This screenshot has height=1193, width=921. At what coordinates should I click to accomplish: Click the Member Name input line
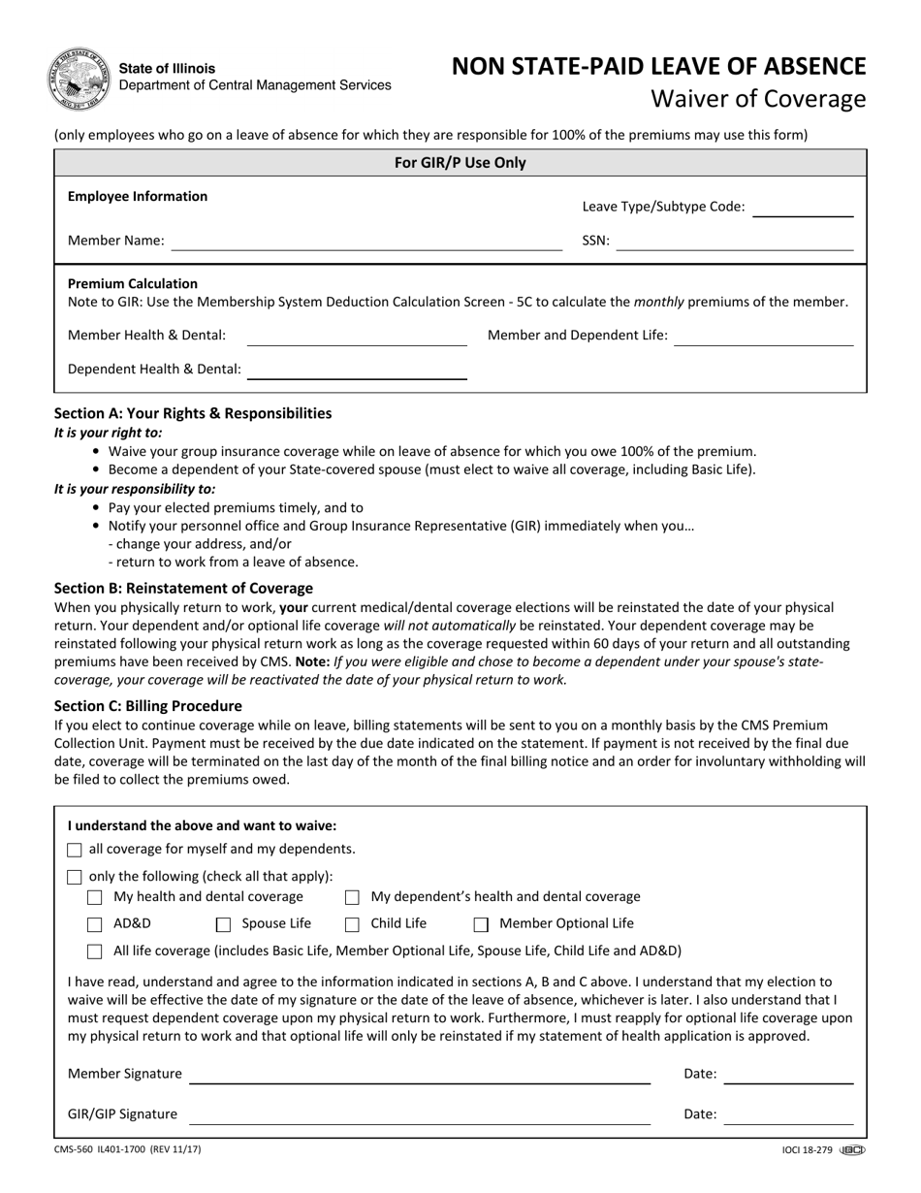(x=366, y=242)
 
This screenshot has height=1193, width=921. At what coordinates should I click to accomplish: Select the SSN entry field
(x=734, y=242)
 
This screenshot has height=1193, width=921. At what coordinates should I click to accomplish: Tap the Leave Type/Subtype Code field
(x=802, y=207)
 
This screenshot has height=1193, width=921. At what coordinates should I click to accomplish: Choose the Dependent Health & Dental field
(x=357, y=370)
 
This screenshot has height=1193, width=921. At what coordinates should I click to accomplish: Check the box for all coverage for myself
(x=75, y=850)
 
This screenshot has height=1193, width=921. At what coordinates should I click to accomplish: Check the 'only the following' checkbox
(x=75, y=877)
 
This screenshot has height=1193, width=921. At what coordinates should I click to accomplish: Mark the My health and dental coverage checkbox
(x=95, y=897)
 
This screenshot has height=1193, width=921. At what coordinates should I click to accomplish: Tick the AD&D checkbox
(x=95, y=924)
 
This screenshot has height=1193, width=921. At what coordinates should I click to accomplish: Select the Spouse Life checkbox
(x=223, y=924)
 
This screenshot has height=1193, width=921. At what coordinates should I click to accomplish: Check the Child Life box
(x=353, y=924)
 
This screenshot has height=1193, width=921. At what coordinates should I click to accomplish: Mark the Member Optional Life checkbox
(x=481, y=924)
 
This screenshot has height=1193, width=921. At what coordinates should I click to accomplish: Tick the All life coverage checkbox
(x=95, y=951)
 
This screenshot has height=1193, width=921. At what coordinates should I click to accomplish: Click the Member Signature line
(x=419, y=1075)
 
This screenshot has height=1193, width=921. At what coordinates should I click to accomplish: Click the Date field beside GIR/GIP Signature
(x=788, y=1115)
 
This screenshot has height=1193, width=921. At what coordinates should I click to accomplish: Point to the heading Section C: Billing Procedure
(x=148, y=706)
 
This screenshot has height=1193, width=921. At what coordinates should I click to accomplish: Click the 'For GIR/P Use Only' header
(x=460, y=163)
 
